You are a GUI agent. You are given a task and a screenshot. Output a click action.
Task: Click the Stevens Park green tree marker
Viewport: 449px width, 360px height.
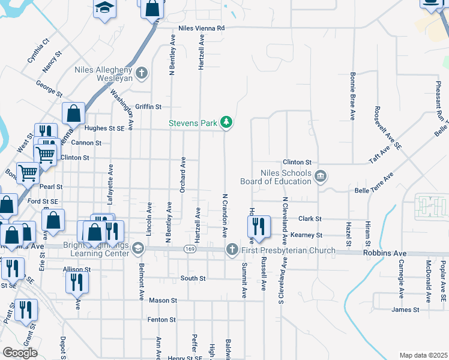[x=226, y=122]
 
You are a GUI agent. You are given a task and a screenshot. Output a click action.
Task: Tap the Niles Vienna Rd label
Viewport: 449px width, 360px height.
[x=201, y=28]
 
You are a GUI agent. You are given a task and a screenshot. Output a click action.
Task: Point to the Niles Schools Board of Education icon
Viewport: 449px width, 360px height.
[x=321, y=176]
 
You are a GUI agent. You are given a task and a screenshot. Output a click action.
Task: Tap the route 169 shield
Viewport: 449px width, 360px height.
[x=190, y=249]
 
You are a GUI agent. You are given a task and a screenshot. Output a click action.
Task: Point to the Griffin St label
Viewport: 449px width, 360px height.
[x=148, y=107]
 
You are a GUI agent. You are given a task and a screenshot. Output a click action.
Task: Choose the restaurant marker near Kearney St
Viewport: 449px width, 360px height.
[x=257, y=226]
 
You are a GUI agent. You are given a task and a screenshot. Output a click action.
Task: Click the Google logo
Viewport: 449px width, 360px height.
[x=20, y=353]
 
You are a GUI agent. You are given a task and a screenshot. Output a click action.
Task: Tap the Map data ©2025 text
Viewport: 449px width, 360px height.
[x=423, y=355]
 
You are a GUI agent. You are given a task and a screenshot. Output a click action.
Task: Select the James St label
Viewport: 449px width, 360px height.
[x=405, y=310]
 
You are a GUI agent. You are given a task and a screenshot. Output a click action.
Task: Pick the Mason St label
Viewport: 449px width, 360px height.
[x=163, y=300]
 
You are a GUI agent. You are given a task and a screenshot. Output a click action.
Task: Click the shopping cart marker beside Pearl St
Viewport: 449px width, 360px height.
[x=28, y=173]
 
